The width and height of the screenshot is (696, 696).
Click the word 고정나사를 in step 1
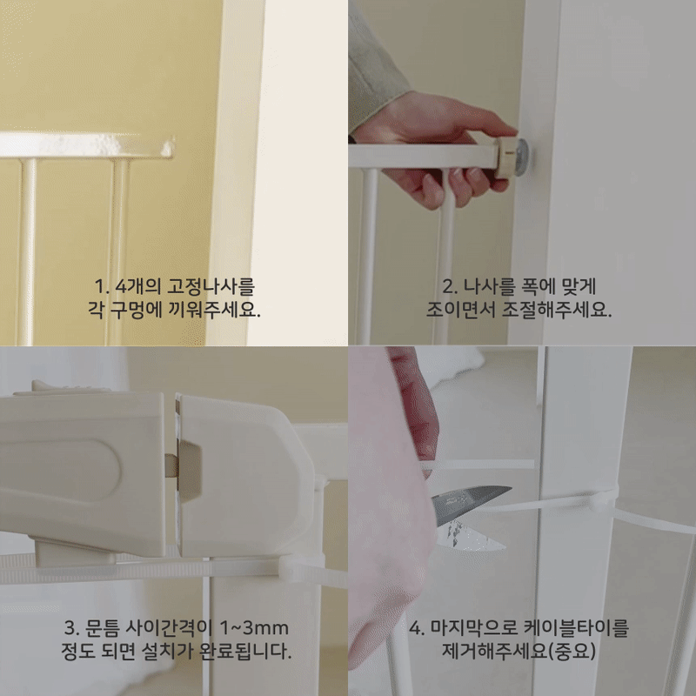(211, 286)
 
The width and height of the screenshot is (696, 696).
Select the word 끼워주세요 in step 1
(214, 310)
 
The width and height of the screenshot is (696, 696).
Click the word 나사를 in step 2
(489, 286)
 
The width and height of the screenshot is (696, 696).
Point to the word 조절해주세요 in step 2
(557, 310)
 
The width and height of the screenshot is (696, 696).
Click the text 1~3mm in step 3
(254, 627)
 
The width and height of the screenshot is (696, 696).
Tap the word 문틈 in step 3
(102, 627)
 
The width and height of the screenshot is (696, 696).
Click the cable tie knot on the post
(604, 502)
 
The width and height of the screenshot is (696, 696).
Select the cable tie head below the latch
(291, 568)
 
